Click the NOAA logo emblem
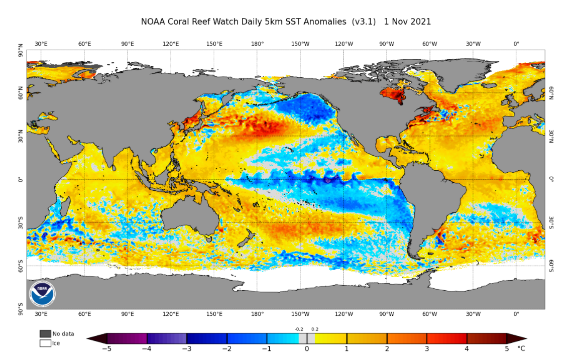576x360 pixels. [x=42, y=294]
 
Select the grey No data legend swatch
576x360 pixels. [x=45, y=334]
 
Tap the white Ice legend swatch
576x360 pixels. [x=45, y=343]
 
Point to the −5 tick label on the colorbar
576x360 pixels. [x=106, y=348]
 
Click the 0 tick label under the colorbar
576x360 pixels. [x=307, y=348]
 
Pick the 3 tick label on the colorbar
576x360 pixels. [x=427, y=348]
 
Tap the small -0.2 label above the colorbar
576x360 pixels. [x=299, y=329]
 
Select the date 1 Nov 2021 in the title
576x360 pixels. [x=407, y=22]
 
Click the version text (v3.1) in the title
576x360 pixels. [x=363, y=22]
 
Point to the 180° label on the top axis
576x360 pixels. [x=258, y=44]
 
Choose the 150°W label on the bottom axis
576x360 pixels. [x=301, y=314]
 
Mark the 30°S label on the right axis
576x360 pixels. [x=551, y=222]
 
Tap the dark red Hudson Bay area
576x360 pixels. [x=393, y=94]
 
